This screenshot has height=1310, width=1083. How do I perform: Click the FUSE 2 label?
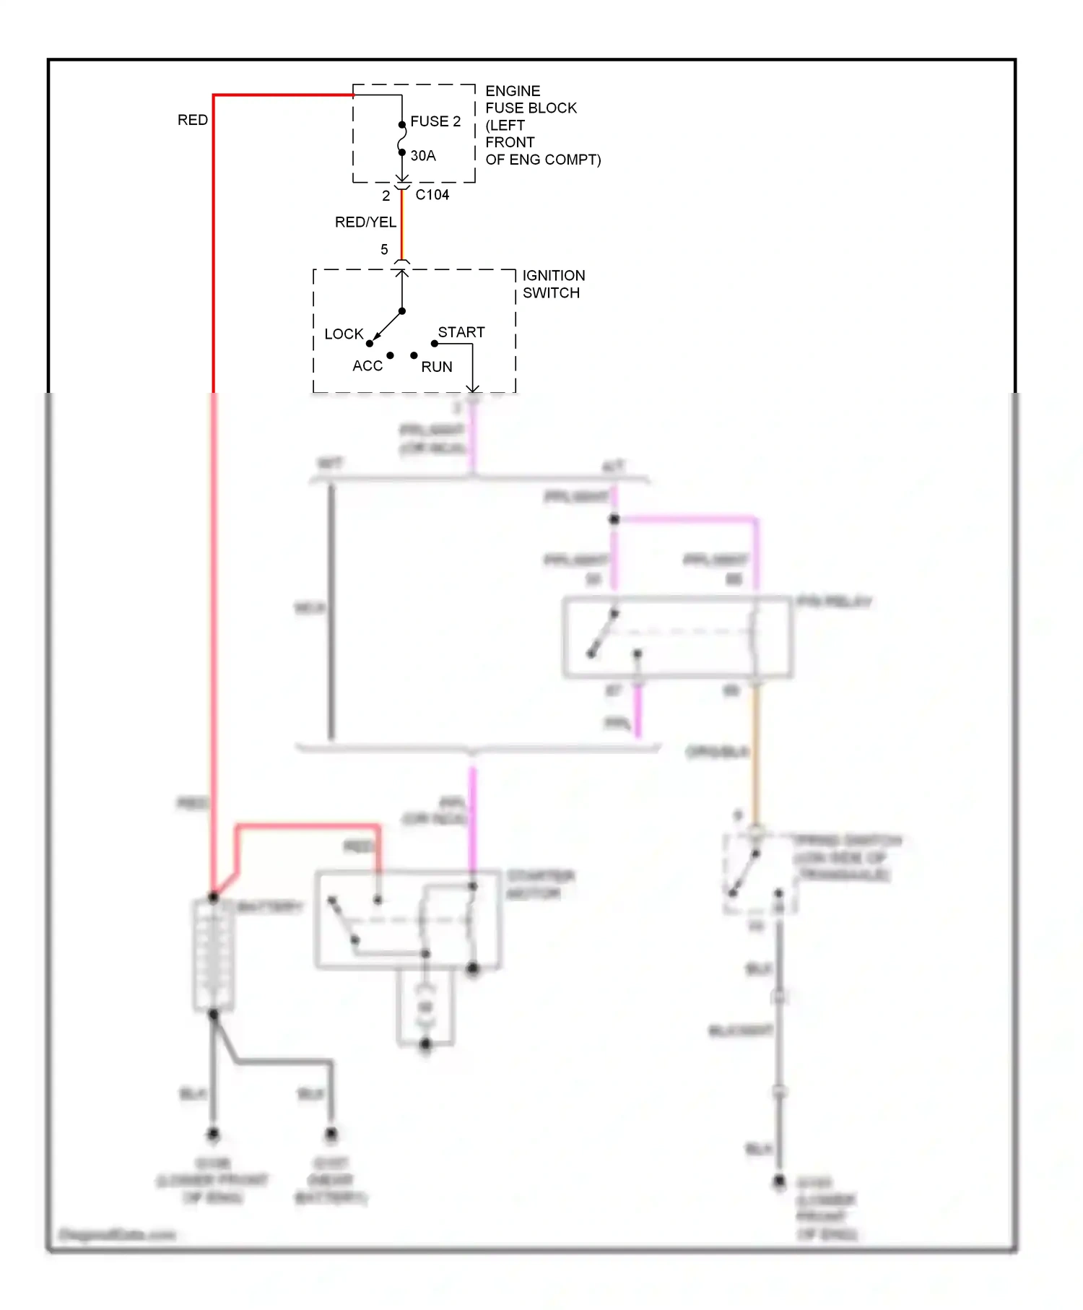[435, 121]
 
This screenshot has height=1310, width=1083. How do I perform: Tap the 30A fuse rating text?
[423, 155]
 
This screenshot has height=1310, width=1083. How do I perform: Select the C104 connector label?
[432, 195]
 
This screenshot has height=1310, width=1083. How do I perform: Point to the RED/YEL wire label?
[365, 222]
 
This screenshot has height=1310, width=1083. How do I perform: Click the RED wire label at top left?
[193, 120]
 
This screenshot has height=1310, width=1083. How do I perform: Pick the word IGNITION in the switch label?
[554, 276]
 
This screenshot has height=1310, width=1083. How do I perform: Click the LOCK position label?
[344, 334]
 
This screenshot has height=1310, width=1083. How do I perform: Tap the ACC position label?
[367, 366]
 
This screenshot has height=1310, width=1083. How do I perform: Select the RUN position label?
[437, 367]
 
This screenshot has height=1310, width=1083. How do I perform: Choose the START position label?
[461, 332]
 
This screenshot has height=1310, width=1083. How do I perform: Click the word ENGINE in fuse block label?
[513, 91]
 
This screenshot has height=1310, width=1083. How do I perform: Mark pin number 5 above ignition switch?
[384, 249]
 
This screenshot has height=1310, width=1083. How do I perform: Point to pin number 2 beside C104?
[386, 196]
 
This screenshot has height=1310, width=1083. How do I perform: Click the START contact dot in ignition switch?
[435, 344]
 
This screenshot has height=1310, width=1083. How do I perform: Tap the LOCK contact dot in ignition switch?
[370, 344]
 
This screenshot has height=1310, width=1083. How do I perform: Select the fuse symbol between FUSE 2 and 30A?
[402, 139]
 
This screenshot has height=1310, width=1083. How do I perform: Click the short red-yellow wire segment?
[402, 224]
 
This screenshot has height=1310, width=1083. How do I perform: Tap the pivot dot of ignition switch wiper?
[402, 311]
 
